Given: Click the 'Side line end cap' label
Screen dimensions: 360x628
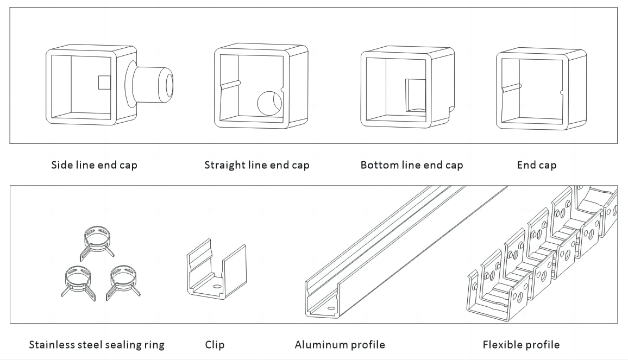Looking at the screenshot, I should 94,165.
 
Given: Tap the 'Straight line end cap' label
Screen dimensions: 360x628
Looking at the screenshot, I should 256,165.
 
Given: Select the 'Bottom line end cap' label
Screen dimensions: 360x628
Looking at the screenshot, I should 412,165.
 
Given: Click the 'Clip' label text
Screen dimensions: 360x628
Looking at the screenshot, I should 215,344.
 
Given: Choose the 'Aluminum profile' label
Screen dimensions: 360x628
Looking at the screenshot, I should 340,344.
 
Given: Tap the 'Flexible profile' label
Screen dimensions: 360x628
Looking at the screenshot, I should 521,344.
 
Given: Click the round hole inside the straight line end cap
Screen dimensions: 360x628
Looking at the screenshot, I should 269,103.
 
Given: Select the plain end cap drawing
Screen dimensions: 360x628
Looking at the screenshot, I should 541,89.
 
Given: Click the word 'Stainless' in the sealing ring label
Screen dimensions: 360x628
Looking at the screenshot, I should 51,344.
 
